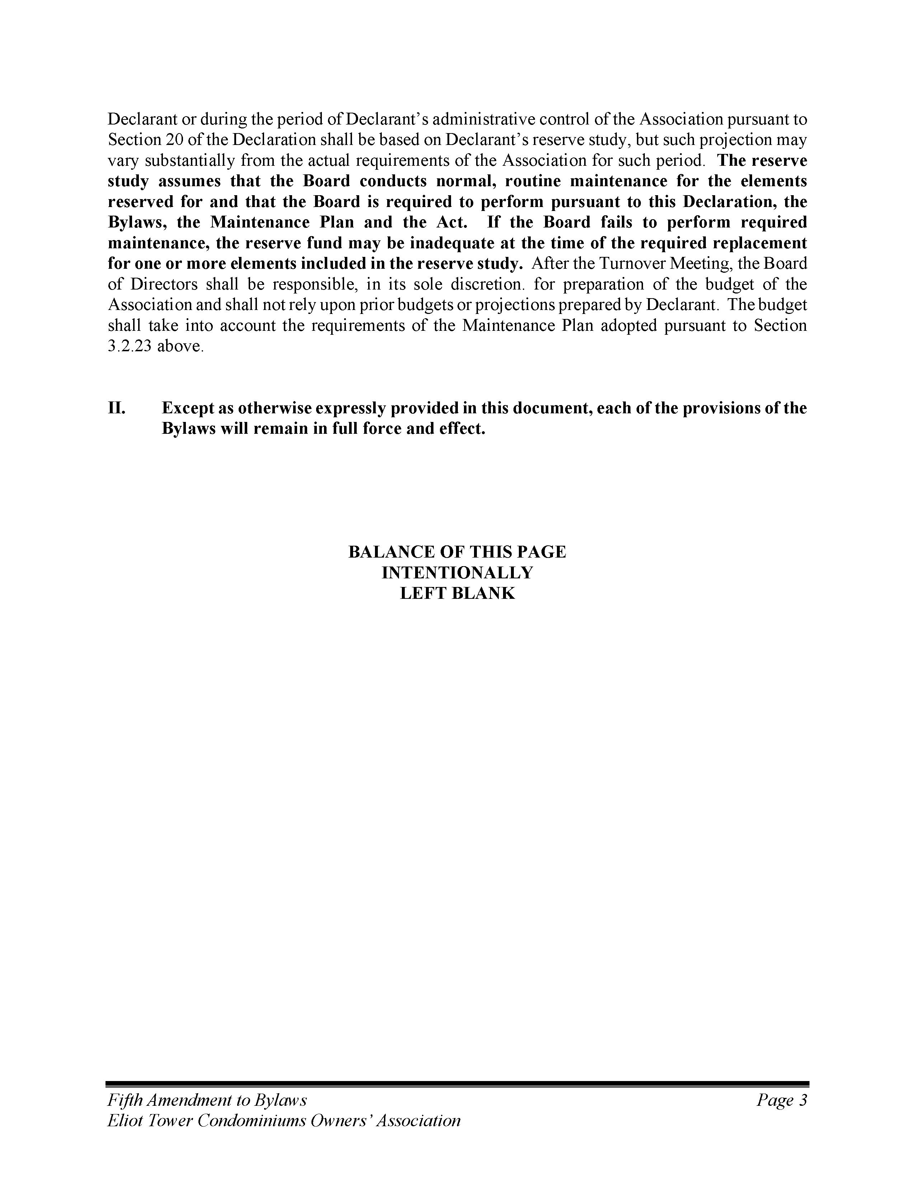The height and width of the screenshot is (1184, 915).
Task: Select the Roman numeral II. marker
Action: (117, 408)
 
